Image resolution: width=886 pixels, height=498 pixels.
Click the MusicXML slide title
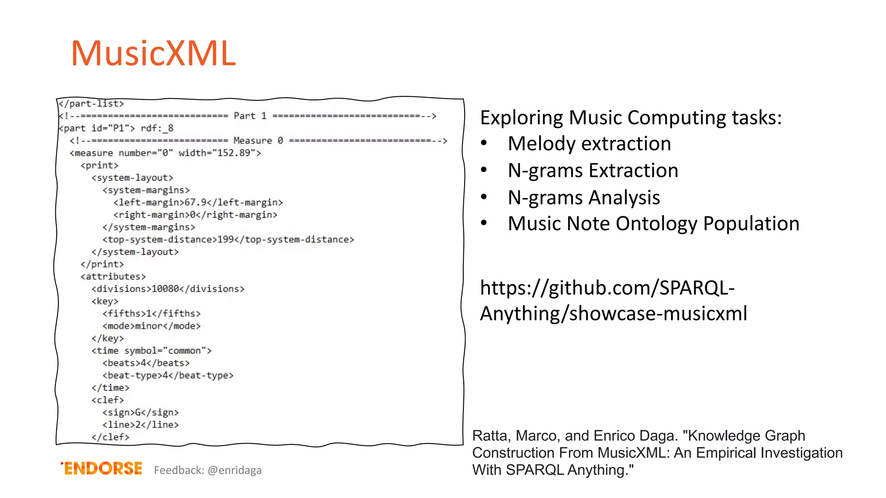(x=154, y=53)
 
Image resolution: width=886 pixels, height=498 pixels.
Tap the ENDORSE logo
(x=102, y=469)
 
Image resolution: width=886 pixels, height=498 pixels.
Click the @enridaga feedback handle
(x=234, y=470)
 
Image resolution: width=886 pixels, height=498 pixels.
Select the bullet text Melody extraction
(x=589, y=144)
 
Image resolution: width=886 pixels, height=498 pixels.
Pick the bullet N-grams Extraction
(x=593, y=170)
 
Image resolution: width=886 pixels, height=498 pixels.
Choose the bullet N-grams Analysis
(x=584, y=198)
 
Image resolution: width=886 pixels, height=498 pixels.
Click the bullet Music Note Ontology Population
(x=653, y=224)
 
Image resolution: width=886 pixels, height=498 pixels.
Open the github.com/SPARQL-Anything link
(x=613, y=300)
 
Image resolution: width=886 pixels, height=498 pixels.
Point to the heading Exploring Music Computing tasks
(x=631, y=118)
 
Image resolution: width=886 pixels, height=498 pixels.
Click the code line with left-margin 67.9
(x=198, y=202)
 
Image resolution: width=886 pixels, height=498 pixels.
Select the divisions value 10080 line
(x=168, y=289)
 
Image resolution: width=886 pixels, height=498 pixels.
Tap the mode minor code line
(x=151, y=326)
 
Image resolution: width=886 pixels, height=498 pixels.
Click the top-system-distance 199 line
(x=228, y=239)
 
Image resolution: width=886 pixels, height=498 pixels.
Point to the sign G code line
(x=140, y=412)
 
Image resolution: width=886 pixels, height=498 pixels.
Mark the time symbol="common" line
(x=151, y=351)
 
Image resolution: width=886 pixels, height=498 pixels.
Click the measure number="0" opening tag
(x=165, y=153)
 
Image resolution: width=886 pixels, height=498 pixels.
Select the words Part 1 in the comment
(x=250, y=116)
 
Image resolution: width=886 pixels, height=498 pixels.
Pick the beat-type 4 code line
(x=168, y=375)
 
